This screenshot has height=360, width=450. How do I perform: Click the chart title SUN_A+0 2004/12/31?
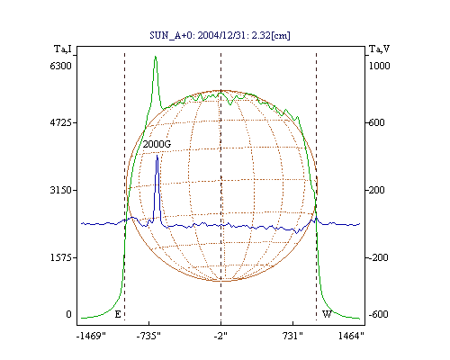(x=220, y=36)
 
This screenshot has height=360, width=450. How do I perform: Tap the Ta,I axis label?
(x=63, y=49)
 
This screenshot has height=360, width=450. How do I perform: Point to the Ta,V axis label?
(x=379, y=49)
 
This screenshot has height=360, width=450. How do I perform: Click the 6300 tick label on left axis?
(x=61, y=66)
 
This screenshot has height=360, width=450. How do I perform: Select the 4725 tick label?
(x=61, y=122)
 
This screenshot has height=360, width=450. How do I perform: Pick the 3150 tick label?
(x=61, y=190)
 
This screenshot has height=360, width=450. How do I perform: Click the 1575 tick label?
(x=61, y=257)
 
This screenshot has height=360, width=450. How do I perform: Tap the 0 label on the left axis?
(x=68, y=314)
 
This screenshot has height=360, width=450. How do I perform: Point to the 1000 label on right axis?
(x=379, y=66)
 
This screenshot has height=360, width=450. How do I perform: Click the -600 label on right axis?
(x=378, y=314)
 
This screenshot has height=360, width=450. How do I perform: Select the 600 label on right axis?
(x=376, y=122)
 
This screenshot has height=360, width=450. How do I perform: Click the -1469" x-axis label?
(x=91, y=336)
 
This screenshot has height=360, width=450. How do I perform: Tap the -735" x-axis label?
(x=148, y=336)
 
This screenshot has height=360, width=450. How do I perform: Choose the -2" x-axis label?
(x=220, y=336)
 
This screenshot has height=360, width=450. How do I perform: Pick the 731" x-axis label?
(x=292, y=336)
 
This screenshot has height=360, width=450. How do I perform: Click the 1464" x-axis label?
(x=351, y=336)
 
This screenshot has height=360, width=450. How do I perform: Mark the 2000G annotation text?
(x=157, y=144)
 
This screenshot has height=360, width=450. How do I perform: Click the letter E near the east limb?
(x=118, y=314)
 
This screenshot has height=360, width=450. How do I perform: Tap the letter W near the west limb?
(x=327, y=314)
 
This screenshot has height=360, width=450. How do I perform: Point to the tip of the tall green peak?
(x=156, y=56)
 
